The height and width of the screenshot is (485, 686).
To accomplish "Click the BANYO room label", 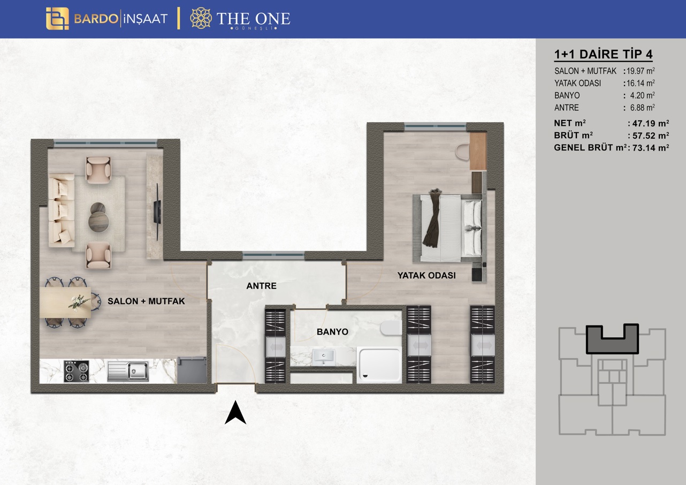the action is click(332, 332).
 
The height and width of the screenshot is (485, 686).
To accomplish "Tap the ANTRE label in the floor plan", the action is click(261, 286).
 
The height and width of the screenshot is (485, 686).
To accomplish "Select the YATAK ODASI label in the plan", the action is click(426, 276).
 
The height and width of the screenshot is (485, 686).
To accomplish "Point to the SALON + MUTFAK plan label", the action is click(146, 301).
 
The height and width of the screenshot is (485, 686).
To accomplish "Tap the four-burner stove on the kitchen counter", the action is click(77, 371).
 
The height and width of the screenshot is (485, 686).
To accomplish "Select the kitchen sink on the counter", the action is click(128, 371).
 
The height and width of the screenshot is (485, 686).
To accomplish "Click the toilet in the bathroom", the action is click(391, 328).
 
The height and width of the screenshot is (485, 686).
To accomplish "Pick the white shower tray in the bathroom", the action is click(379, 365).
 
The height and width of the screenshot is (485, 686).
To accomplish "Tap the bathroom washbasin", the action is click(324, 357).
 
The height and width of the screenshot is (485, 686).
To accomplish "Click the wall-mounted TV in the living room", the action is click(157, 212).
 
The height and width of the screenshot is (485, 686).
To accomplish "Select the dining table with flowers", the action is click(65, 302).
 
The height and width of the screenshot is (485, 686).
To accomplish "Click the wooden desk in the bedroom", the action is click(478, 151).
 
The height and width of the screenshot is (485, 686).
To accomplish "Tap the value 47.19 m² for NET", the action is click(651, 124).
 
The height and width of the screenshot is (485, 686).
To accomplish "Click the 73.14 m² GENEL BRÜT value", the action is click(651, 148).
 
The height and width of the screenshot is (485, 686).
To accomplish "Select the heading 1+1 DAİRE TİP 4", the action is click(603, 54).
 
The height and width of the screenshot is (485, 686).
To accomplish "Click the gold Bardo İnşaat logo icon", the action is click(57, 19).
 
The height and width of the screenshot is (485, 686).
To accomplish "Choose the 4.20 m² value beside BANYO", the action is click(642, 96).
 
